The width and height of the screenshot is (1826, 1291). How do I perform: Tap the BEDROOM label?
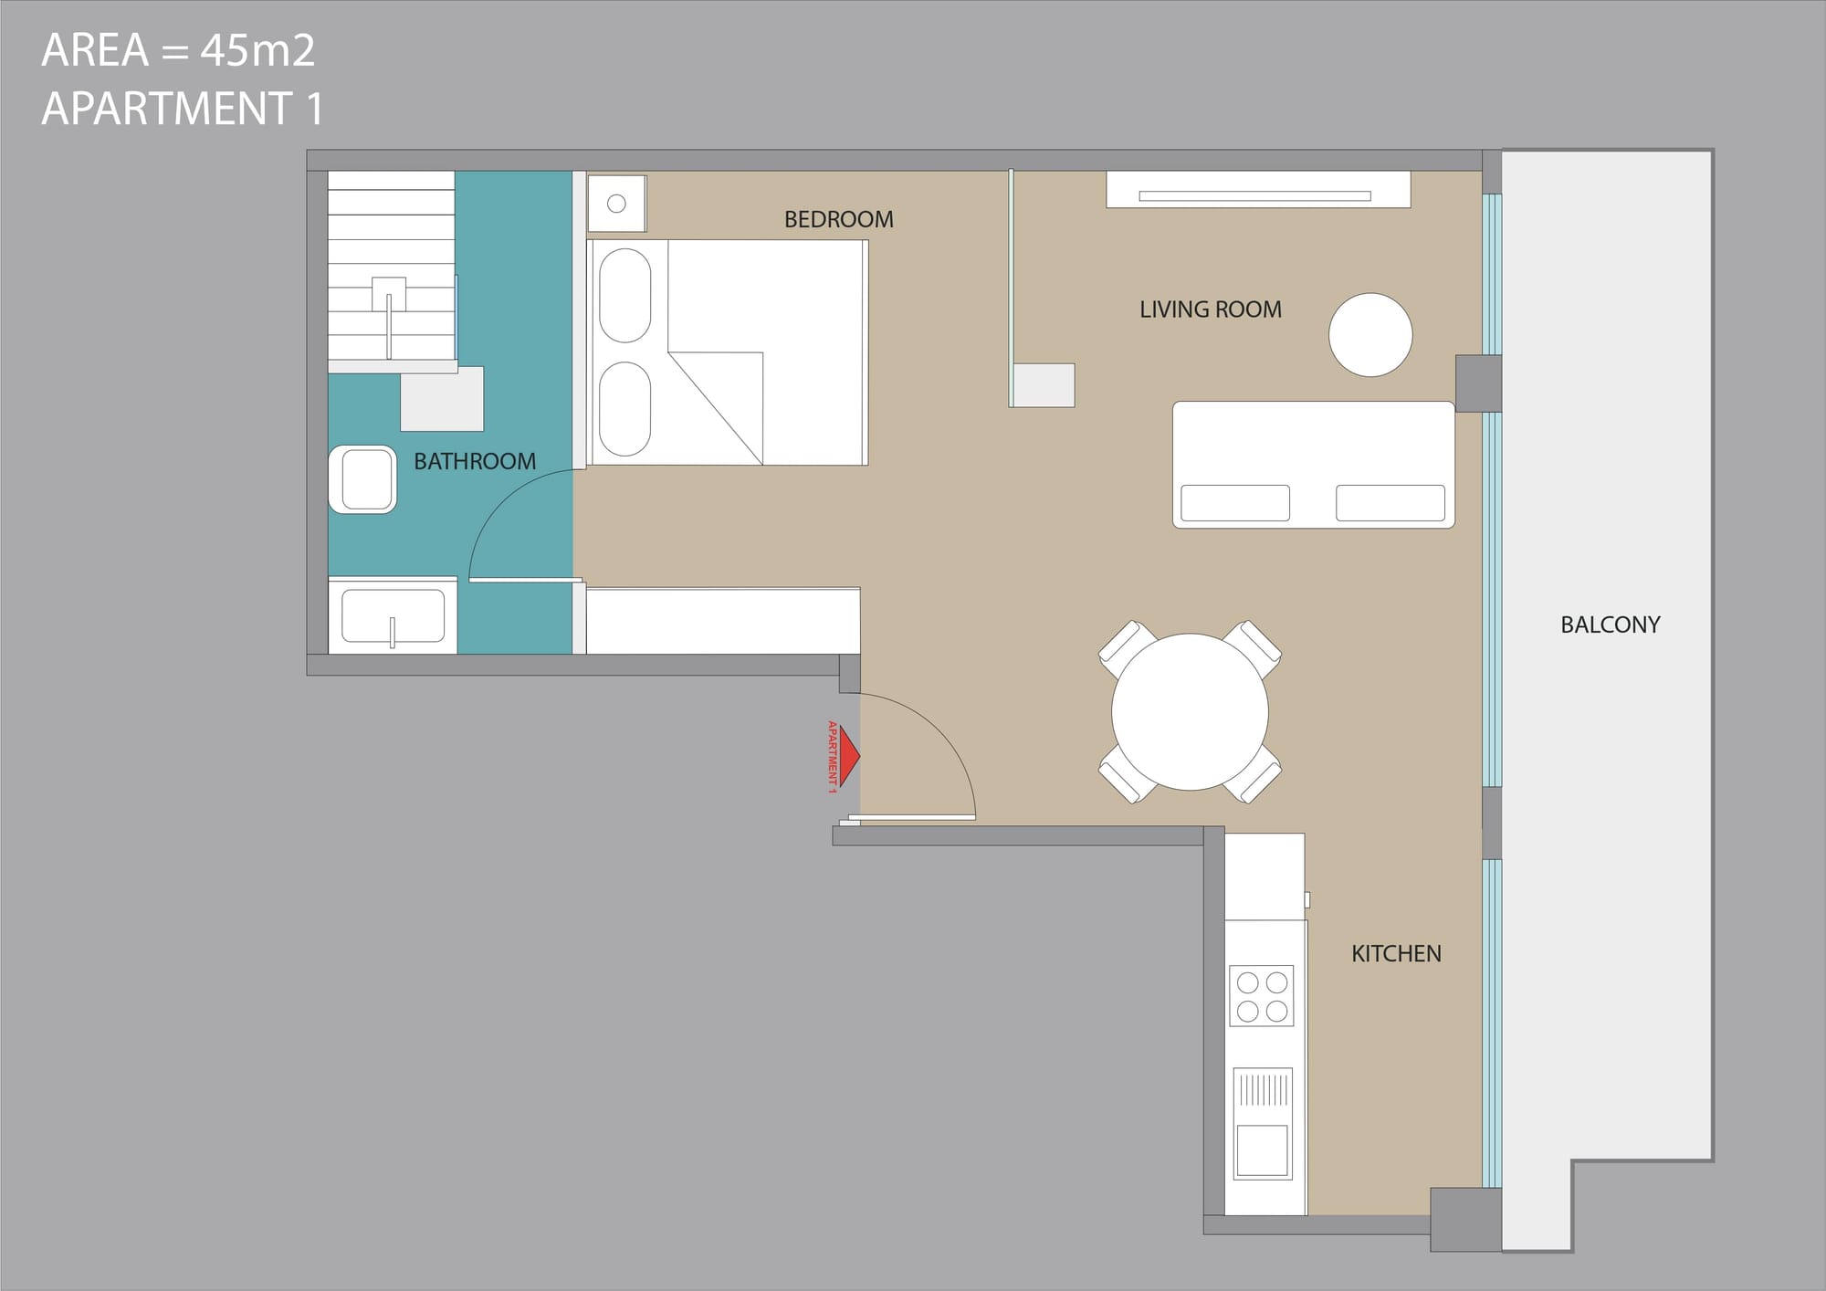click(839, 219)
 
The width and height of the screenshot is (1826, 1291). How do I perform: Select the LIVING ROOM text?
click(1211, 310)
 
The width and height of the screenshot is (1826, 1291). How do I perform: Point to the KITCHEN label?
click(1396, 954)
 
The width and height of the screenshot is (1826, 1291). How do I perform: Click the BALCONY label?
click(1611, 625)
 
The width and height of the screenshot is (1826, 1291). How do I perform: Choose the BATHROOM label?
click(475, 461)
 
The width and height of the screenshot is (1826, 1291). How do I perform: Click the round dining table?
click(1190, 711)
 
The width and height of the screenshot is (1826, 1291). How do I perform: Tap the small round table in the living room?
click(1370, 334)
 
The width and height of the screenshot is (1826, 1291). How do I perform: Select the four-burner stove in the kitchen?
click(1262, 995)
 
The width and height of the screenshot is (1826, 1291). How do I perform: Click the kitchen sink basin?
click(1262, 1149)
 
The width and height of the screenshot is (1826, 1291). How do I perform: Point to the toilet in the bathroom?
click(362, 479)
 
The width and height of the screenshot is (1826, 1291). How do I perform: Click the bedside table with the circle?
click(616, 204)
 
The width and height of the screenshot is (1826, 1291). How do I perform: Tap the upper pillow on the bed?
click(624, 296)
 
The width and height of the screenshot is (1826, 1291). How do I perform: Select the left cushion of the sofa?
click(1235, 503)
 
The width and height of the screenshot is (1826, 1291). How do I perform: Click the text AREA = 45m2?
click(179, 50)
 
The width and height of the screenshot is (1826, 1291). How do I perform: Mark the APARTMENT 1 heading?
click(183, 109)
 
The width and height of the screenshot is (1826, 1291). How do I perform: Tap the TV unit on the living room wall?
click(1258, 190)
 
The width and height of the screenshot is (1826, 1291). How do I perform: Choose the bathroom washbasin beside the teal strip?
click(393, 616)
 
